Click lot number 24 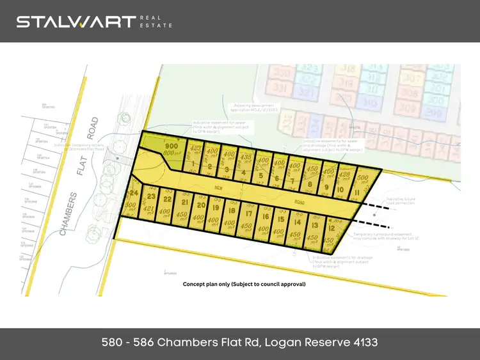coord(134,193)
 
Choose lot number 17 coord(248,215)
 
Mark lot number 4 coord(244,173)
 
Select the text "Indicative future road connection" coord(401,201)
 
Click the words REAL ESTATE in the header coord(156,22)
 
